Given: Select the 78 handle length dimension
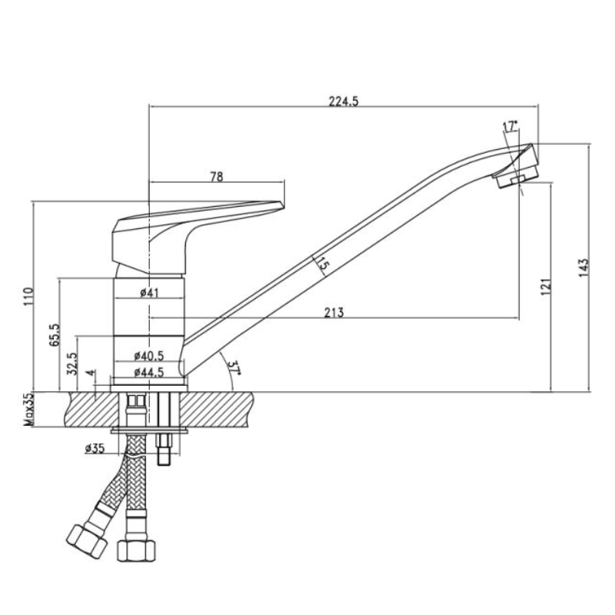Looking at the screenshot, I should click(216, 176).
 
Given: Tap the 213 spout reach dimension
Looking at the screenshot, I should click(333, 311).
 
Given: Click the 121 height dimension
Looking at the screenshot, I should click(545, 285).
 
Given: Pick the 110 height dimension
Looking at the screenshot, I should click(28, 295).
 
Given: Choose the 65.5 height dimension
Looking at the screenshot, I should click(53, 335).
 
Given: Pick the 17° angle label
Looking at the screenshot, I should click(510, 125).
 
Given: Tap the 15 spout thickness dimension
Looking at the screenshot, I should click(321, 265).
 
